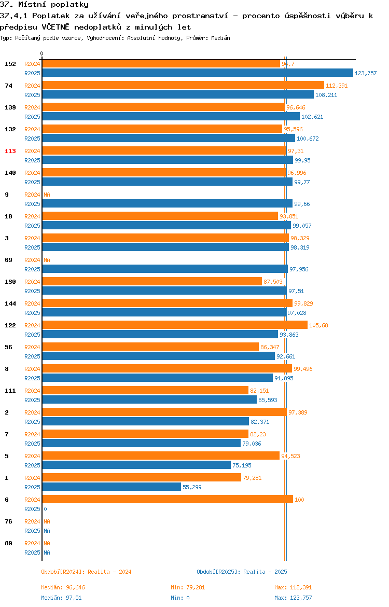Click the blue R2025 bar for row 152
tap(198, 73)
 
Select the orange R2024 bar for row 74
tap(183, 85)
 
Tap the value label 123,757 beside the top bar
tap(365, 73)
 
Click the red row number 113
tap(10, 151)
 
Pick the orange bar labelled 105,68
tap(175, 325)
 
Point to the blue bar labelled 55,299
tap(112, 487)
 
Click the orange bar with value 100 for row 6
tap(168, 499)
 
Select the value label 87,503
tap(273, 282)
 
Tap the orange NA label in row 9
tap(47, 195)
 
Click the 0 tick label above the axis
tap(42, 54)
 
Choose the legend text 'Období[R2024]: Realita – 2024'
tap(86, 572)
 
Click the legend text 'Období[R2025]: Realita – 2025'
tap(242, 572)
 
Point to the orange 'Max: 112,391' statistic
tap(293, 587)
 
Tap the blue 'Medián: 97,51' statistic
tap(61, 598)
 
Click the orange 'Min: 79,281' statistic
tap(188, 587)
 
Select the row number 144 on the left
tap(10, 303)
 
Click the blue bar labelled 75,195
tap(136, 465)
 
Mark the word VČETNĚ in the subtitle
tap(55, 26)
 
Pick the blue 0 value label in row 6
tap(45, 509)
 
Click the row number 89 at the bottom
tap(8, 543)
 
